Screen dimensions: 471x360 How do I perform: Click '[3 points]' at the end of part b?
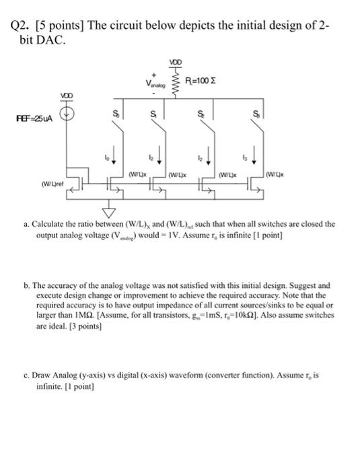100,330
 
